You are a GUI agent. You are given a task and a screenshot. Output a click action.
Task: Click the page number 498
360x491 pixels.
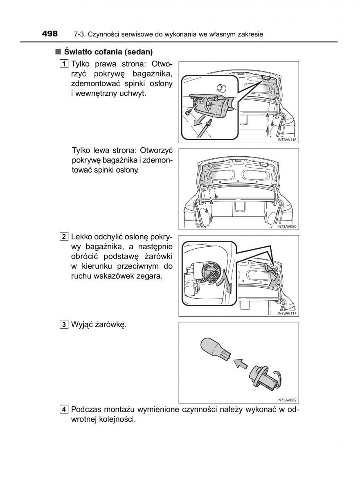point(49,34)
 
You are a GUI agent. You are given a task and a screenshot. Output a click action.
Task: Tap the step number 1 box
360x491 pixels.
point(63,64)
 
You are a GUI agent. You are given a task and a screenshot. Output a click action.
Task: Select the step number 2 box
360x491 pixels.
point(63,236)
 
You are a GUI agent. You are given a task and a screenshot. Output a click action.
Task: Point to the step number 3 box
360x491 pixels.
point(63,325)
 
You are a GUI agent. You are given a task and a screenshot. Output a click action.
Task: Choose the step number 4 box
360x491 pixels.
point(63,410)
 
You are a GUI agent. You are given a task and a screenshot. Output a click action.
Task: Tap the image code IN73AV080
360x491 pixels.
point(286,226)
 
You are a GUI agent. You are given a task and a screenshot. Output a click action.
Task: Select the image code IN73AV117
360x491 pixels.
point(286,313)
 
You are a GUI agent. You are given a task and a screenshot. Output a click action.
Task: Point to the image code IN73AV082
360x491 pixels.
point(286,400)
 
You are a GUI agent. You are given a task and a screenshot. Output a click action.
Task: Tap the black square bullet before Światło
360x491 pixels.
point(58,52)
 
